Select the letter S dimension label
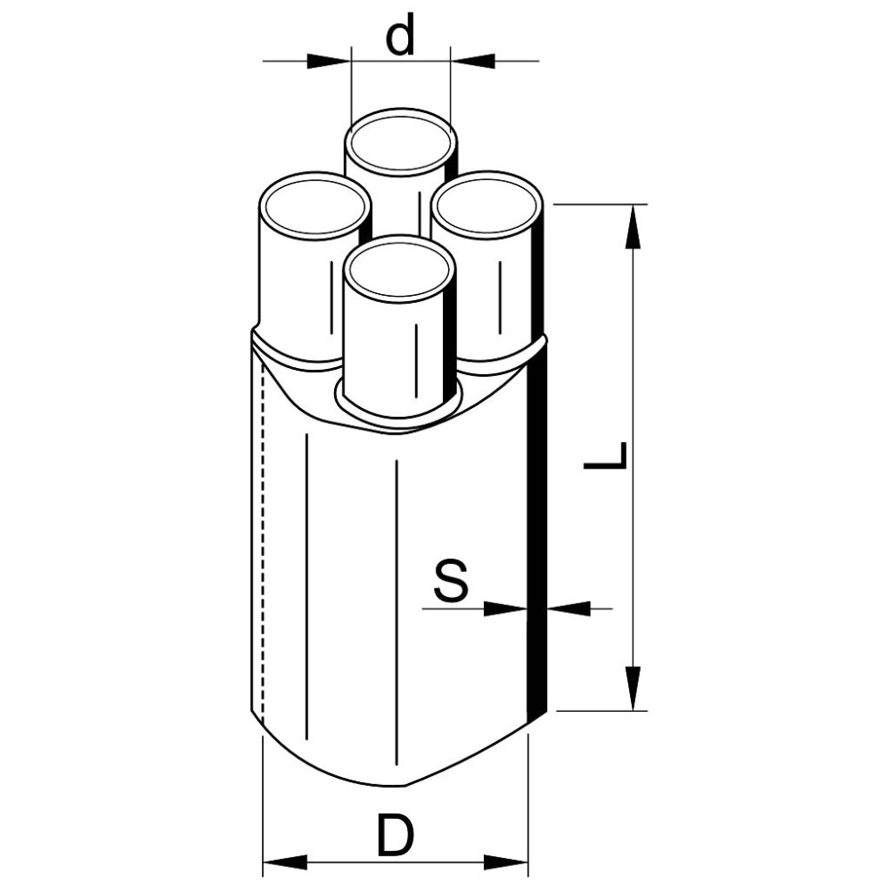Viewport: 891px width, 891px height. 451,580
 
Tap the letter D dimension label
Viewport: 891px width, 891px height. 396,835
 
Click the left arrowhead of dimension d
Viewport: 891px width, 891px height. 327,61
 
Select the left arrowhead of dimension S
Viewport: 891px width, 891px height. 505,609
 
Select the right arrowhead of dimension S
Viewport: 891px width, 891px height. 568,609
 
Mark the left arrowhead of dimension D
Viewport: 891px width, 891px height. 285,862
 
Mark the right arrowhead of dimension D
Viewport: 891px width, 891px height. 506,862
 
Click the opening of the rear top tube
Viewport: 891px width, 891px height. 401,143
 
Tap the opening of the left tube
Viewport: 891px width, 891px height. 314,207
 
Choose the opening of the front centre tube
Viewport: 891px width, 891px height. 399,269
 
